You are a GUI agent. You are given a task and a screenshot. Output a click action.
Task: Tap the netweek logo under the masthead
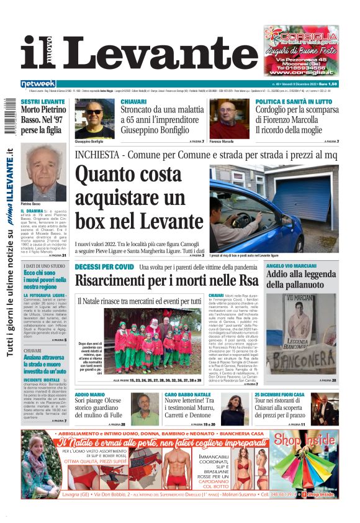click(x=38, y=84)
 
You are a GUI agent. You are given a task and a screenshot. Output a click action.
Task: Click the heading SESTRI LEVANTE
click(x=43, y=101)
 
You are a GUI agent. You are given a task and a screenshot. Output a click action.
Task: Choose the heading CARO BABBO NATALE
click(x=187, y=395)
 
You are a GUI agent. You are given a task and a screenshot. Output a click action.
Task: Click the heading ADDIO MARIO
click(x=90, y=395)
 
